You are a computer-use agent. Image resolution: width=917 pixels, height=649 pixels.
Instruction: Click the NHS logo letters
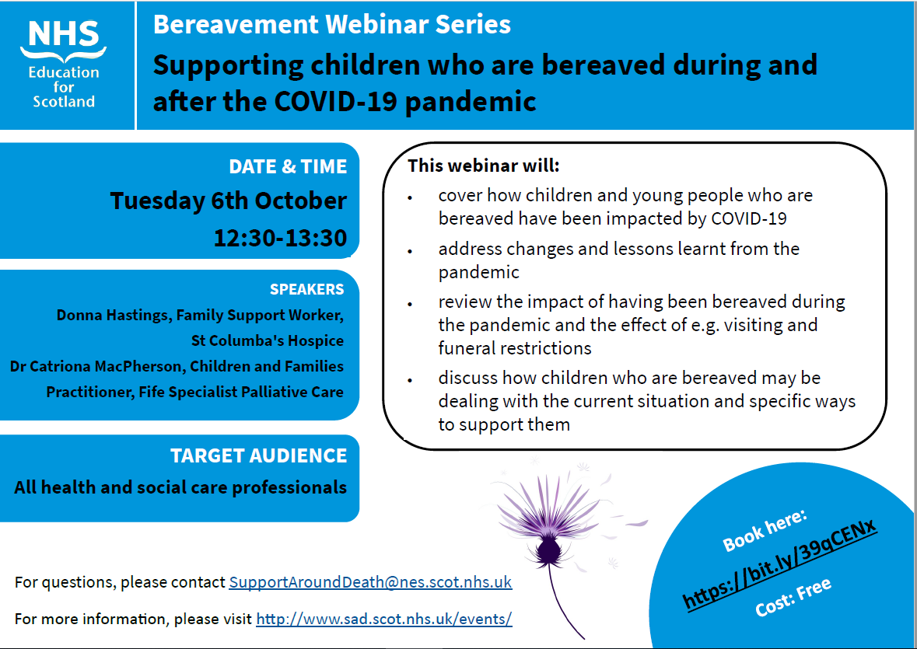coord(64,34)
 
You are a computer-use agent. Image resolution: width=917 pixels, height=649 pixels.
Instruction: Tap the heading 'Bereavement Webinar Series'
coord(332,25)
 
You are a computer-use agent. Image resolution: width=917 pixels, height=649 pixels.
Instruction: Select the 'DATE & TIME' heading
coord(288,166)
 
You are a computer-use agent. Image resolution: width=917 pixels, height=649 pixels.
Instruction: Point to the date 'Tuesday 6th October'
coord(229,201)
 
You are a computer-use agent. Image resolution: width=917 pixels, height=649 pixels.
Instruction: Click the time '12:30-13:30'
coord(280,238)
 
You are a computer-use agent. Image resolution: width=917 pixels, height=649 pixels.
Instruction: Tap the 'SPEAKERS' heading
coord(307,289)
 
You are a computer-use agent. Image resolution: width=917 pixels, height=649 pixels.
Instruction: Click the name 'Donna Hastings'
coord(113,316)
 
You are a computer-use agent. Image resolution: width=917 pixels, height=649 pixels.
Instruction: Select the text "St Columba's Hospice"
coord(268,340)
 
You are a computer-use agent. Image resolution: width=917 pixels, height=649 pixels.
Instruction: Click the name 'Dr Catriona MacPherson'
coord(96,366)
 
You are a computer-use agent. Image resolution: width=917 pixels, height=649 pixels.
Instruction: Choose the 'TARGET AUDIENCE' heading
coord(258,455)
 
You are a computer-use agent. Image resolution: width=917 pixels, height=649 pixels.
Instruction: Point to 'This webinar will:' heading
coord(484,166)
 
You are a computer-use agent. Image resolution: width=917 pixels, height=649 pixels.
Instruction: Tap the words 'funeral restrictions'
coord(515,348)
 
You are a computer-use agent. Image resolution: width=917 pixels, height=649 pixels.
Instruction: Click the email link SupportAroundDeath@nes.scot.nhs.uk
coord(370,582)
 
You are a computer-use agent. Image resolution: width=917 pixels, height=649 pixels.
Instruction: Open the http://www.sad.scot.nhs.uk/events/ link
coord(384,619)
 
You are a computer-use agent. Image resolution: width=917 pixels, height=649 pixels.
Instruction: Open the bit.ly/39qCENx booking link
coord(779,564)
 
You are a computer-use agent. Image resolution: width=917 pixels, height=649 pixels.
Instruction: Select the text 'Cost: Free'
coord(793,597)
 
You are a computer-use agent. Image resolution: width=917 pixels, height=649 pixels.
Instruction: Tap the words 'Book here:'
coord(765,530)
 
